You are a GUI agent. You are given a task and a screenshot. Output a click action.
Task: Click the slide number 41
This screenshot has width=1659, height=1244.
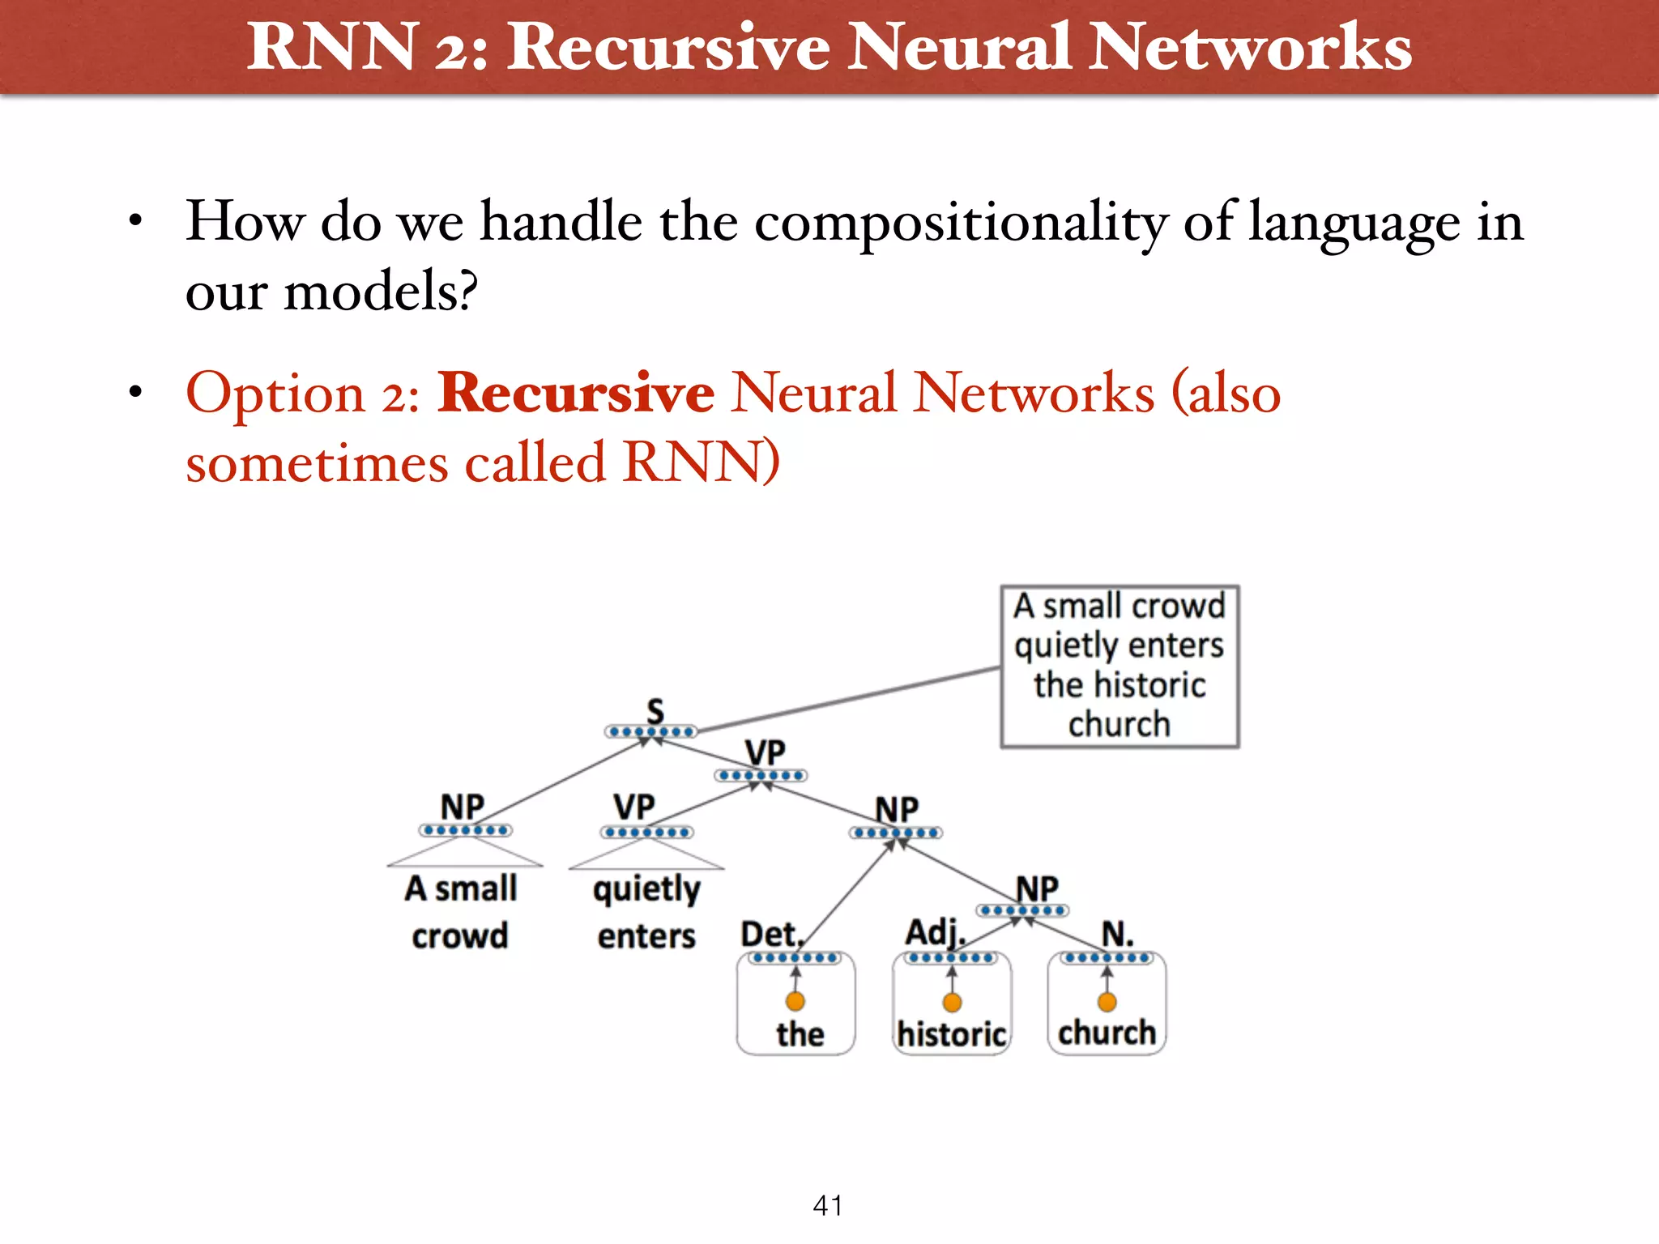click(827, 1205)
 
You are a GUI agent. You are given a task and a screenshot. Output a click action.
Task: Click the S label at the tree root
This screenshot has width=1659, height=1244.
click(655, 711)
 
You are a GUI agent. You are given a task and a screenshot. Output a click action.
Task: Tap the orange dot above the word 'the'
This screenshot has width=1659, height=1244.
click(795, 1002)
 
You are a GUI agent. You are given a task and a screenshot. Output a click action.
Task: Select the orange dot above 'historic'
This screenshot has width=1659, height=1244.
click(953, 1003)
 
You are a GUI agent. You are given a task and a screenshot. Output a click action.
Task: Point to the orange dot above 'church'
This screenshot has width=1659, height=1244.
click(1107, 1002)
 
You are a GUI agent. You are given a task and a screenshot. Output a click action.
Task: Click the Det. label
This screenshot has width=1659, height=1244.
click(770, 935)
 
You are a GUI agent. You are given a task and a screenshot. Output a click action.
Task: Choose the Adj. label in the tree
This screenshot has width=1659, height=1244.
click(935, 932)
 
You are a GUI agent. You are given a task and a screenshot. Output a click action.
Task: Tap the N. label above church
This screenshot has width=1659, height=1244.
click(1117, 934)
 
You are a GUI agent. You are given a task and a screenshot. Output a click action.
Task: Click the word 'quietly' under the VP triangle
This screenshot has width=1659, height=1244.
click(646, 890)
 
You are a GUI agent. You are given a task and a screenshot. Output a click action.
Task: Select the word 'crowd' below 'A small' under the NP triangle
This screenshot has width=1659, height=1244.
click(459, 936)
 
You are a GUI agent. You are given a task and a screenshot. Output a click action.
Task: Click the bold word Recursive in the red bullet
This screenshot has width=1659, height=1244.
click(575, 393)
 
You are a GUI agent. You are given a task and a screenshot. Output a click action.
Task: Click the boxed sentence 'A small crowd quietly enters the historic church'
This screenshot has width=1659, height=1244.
click(1120, 666)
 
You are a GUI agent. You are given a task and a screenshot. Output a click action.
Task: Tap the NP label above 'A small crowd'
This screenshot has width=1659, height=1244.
click(462, 807)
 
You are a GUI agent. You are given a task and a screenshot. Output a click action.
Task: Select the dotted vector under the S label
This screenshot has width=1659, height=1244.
click(651, 732)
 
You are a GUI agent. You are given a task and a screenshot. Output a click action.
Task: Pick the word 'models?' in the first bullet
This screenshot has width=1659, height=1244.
click(381, 291)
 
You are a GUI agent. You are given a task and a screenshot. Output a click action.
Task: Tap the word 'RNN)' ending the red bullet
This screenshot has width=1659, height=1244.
click(702, 462)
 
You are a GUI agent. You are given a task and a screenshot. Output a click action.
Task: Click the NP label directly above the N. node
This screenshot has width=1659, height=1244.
click(1037, 888)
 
